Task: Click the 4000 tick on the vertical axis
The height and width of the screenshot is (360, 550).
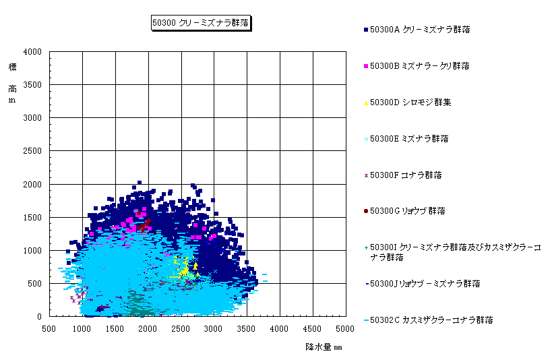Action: tap(33, 52)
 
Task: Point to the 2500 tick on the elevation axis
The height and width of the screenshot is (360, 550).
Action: tap(33, 151)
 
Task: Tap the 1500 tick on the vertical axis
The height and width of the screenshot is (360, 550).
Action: tap(33, 217)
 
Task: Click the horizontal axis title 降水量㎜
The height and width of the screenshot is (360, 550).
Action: tap(324, 347)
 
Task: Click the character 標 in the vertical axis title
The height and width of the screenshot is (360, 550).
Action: tap(12, 67)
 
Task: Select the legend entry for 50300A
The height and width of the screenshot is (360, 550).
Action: tap(420, 30)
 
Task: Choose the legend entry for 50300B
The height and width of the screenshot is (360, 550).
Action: tap(420, 66)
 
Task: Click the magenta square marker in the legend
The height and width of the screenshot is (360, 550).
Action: tap(366, 66)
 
